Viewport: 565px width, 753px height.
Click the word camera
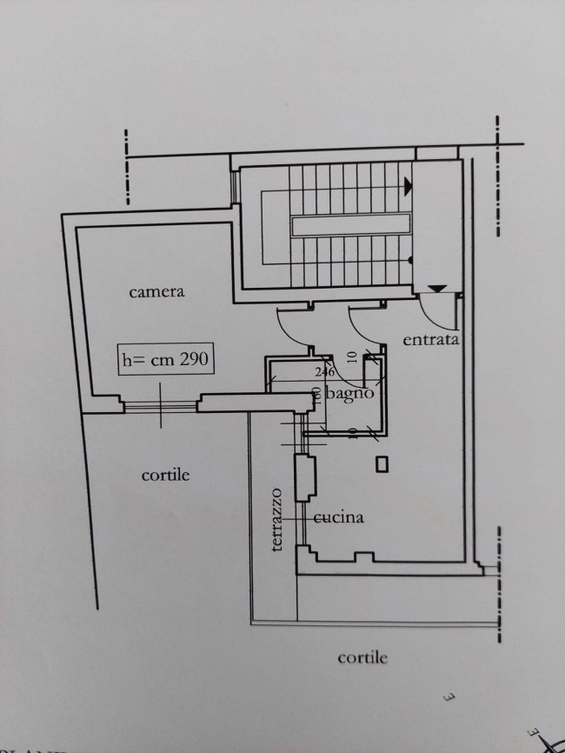click(156, 292)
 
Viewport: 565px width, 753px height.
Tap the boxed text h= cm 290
click(165, 359)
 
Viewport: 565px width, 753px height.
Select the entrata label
click(430, 340)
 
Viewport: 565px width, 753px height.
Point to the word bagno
click(352, 393)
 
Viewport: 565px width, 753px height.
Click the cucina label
click(338, 518)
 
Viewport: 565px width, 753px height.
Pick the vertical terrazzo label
click(276, 519)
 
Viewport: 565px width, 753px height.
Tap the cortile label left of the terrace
click(165, 476)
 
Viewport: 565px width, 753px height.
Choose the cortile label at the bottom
click(362, 657)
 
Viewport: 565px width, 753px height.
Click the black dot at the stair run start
click(409, 260)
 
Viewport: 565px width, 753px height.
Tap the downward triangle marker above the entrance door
click(438, 288)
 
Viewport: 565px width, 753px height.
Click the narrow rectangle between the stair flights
click(350, 225)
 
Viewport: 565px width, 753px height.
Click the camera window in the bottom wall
click(160, 403)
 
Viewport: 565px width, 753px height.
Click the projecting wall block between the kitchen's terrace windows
click(306, 479)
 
